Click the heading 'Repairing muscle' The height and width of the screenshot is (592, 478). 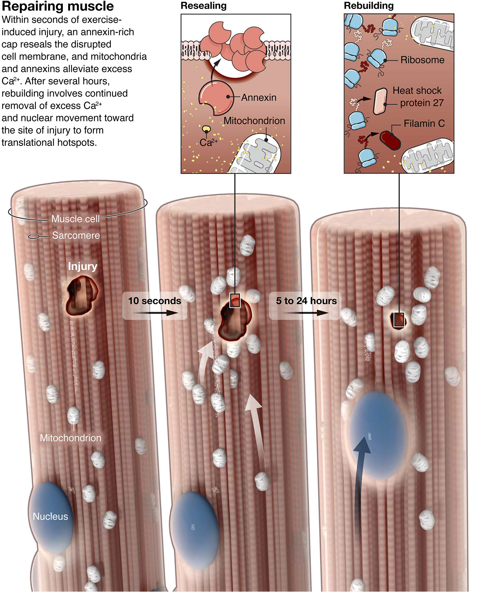click(x=58, y=6)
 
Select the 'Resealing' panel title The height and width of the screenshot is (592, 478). click(x=203, y=6)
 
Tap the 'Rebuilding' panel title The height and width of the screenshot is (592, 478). click(x=368, y=6)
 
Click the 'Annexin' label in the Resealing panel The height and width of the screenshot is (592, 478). click(x=258, y=97)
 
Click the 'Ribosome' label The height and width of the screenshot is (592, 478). click(x=422, y=60)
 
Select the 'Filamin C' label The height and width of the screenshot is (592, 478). click(x=424, y=124)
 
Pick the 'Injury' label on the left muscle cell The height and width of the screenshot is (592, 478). click(x=83, y=266)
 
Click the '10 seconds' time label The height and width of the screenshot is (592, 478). click(x=155, y=301)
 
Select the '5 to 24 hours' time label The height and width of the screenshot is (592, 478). click(x=306, y=301)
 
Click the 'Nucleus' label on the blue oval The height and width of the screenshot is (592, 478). click(x=50, y=516)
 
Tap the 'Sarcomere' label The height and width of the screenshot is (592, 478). click(x=76, y=235)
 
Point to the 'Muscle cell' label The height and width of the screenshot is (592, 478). click(x=76, y=219)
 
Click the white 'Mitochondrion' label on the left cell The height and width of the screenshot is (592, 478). click(x=70, y=438)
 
